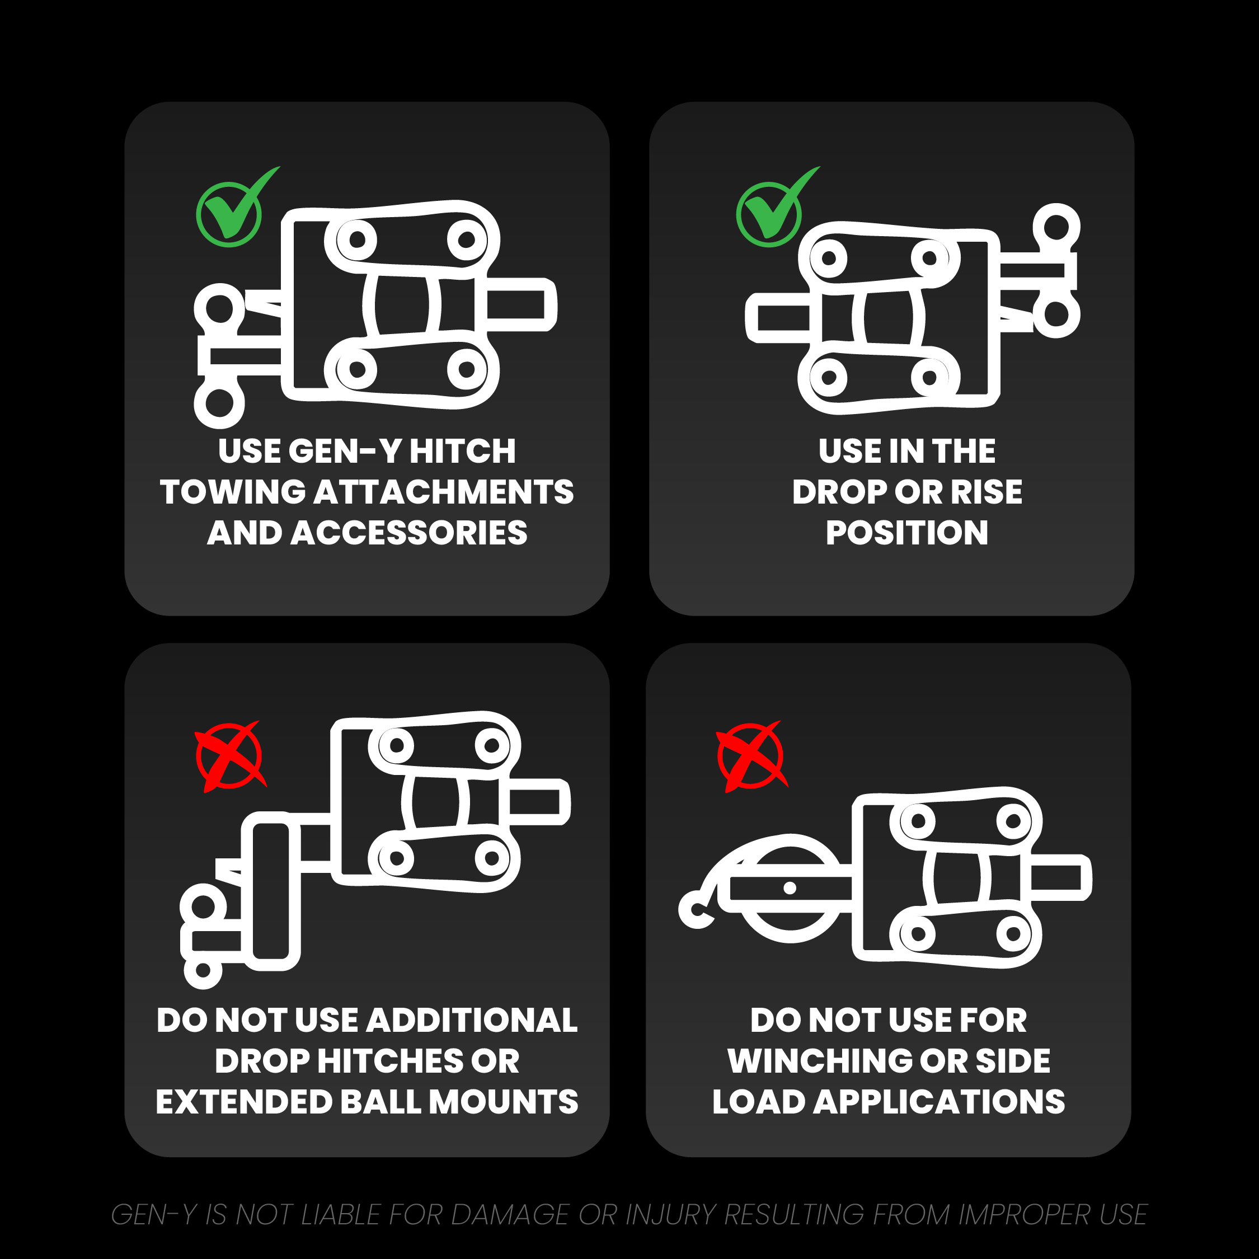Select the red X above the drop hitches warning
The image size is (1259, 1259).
(x=230, y=757)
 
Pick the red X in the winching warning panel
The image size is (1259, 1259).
(x=751, y=757)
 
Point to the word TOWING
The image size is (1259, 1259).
(x=233, y=492)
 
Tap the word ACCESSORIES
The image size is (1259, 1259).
(x=408, y=533)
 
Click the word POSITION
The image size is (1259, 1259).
(x=906, y=533)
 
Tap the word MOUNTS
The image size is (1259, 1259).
(x=503, y=1102)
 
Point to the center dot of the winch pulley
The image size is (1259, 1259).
(x=790, y=887)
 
